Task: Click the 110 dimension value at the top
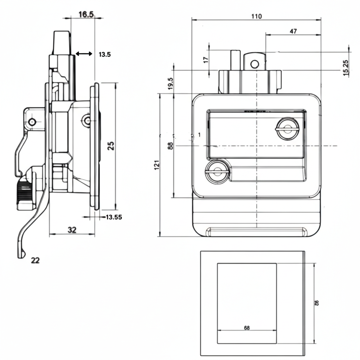point(257,16)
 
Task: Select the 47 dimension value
point(293,31)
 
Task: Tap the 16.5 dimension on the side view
point(86,14)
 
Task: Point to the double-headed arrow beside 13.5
point(84,54)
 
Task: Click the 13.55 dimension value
point(114,217)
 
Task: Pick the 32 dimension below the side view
point(72,230)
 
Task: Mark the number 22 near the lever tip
point(35,260)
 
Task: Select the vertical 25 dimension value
point(111,146)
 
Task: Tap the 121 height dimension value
point(157,165)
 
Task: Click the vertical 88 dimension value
point(171,146)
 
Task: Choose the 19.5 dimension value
point(171,84)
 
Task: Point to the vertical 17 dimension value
point(206,59)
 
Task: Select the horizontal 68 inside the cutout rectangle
point(246,328)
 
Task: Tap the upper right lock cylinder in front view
point(287,129)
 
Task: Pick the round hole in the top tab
point(255,64)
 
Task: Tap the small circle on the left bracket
point(32,122)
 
